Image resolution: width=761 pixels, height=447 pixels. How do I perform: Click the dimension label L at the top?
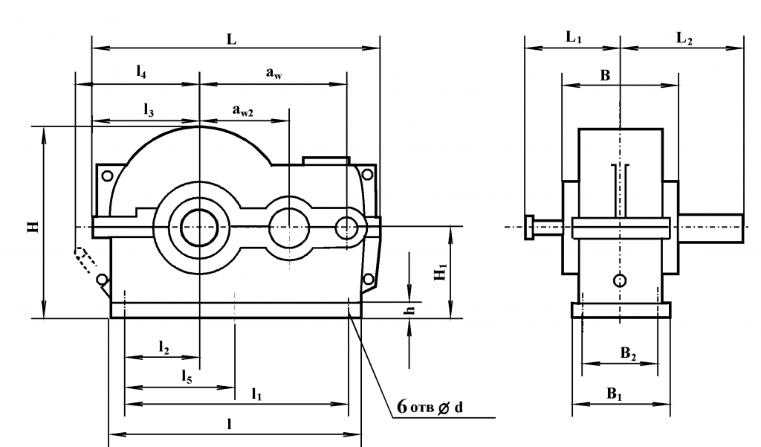[232, 41]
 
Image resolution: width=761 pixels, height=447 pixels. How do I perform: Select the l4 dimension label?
[140, 71]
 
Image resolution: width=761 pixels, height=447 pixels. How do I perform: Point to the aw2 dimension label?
[243, 111]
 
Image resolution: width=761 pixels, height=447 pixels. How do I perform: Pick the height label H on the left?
[33, 225]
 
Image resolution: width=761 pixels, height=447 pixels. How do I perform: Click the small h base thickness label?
[408, 311]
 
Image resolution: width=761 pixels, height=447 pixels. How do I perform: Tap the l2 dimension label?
[163, 347]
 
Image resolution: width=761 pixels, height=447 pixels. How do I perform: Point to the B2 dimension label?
[629, 354]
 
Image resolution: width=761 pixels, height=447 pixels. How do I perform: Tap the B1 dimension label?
[615, 394]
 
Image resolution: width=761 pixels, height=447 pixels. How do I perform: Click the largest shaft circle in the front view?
[199, 225]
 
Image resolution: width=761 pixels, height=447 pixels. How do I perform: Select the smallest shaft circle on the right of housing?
[346, 228]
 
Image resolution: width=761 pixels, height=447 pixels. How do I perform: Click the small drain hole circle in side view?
[621, 280]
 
